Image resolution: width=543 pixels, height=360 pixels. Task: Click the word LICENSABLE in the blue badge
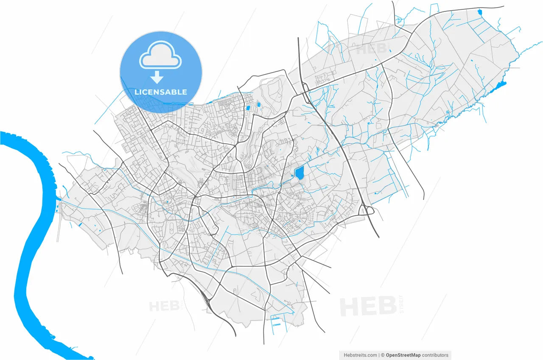point(161,92)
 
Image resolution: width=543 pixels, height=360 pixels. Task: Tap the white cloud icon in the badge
point(161,55)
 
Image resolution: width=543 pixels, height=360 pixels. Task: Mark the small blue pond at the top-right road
point(480,12)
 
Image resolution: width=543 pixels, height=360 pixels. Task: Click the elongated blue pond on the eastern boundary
point(497,88)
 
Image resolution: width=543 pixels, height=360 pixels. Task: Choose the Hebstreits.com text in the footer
point(360,355)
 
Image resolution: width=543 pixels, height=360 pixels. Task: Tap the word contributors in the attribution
point(435,355)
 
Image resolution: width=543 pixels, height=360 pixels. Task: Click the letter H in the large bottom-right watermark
point(351,307)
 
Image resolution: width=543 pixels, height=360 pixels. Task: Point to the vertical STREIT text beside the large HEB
point(401,304)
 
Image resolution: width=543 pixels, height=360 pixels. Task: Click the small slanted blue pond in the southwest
point(80,224)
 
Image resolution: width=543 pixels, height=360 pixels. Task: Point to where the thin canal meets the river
point(61,199)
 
